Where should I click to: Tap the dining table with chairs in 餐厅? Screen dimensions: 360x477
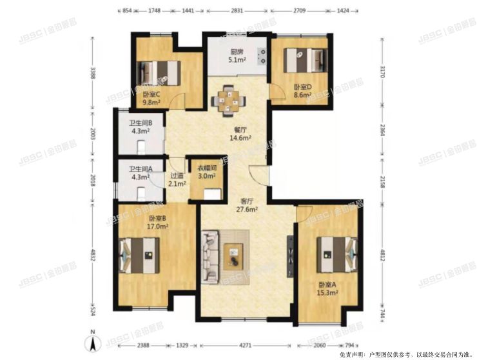228,101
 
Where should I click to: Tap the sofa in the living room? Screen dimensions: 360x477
210,256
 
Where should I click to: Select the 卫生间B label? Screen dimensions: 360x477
140,123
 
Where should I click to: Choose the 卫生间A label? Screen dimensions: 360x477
140,170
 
